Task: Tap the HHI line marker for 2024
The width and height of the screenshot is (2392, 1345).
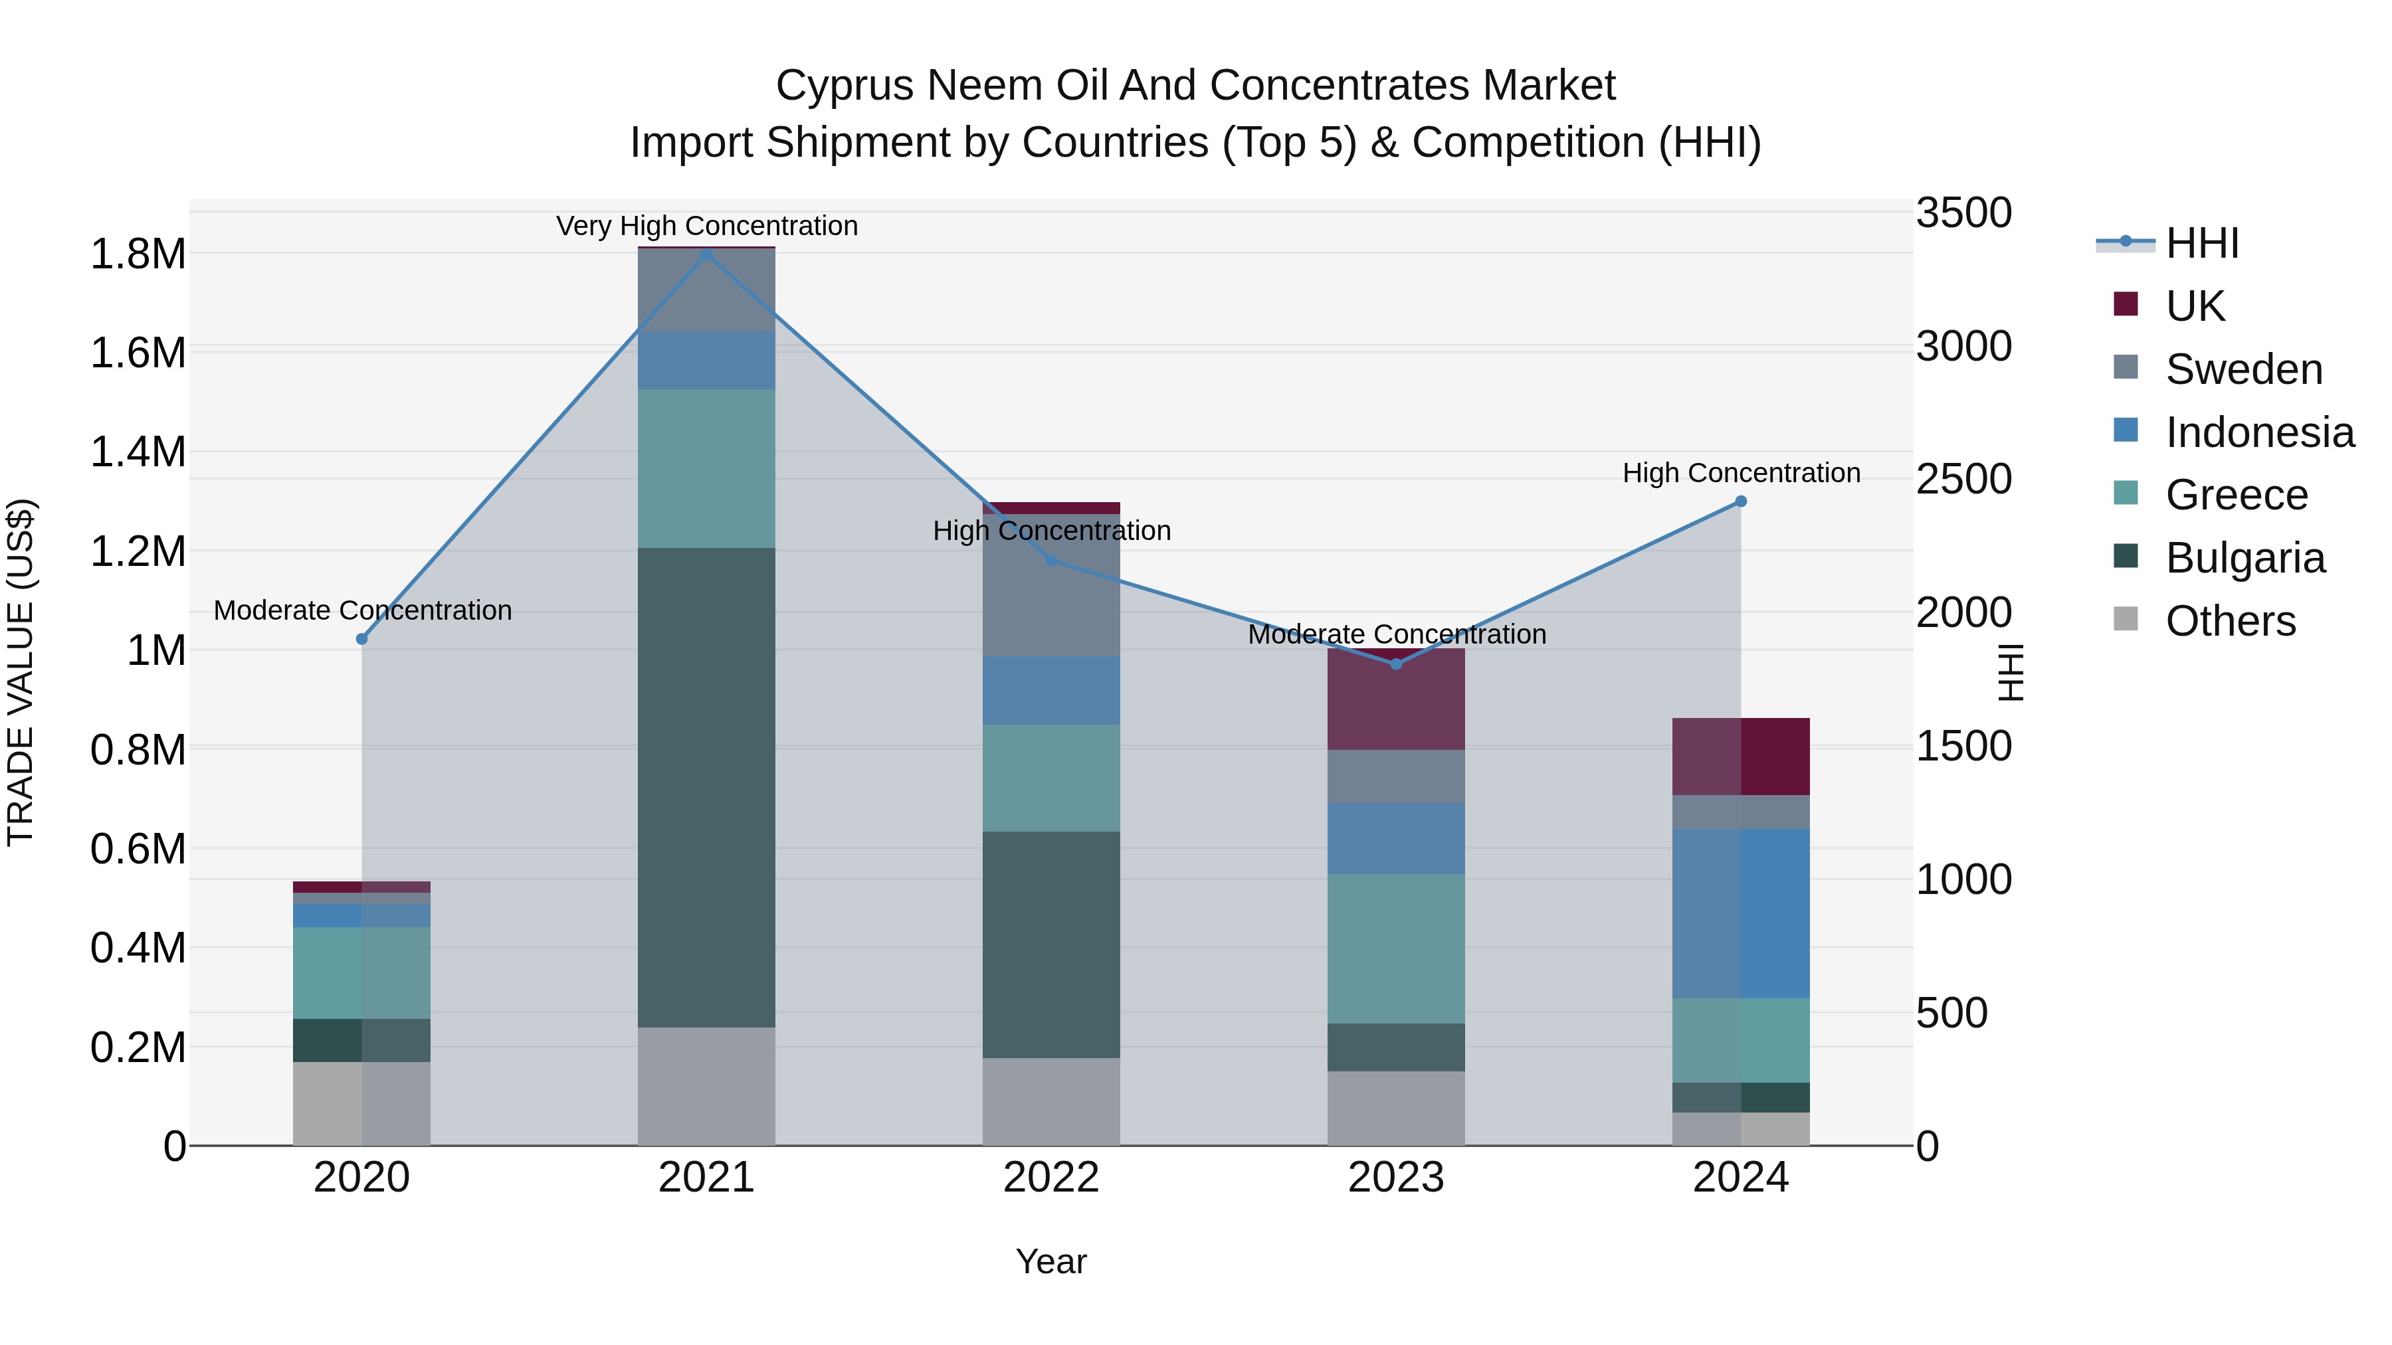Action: coord(1741,501)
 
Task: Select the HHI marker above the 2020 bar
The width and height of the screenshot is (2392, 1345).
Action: coord(362,638)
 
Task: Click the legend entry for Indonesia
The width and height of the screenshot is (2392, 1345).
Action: coord(2259,432)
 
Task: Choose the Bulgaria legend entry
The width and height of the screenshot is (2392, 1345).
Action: coord(2244,558)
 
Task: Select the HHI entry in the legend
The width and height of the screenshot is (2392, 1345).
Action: coord(2202,243)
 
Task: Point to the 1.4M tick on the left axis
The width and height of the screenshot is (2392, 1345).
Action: coord(138,452)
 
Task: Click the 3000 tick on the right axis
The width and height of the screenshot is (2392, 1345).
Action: coord(1963,346)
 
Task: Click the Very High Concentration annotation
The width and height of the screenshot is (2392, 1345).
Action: coord(707,226)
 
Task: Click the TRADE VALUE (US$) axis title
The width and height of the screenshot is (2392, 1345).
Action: coord(21,672)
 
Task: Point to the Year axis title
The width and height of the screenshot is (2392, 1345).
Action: coord(1051,1261)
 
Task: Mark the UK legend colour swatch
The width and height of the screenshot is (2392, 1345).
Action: coord(2126,304)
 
